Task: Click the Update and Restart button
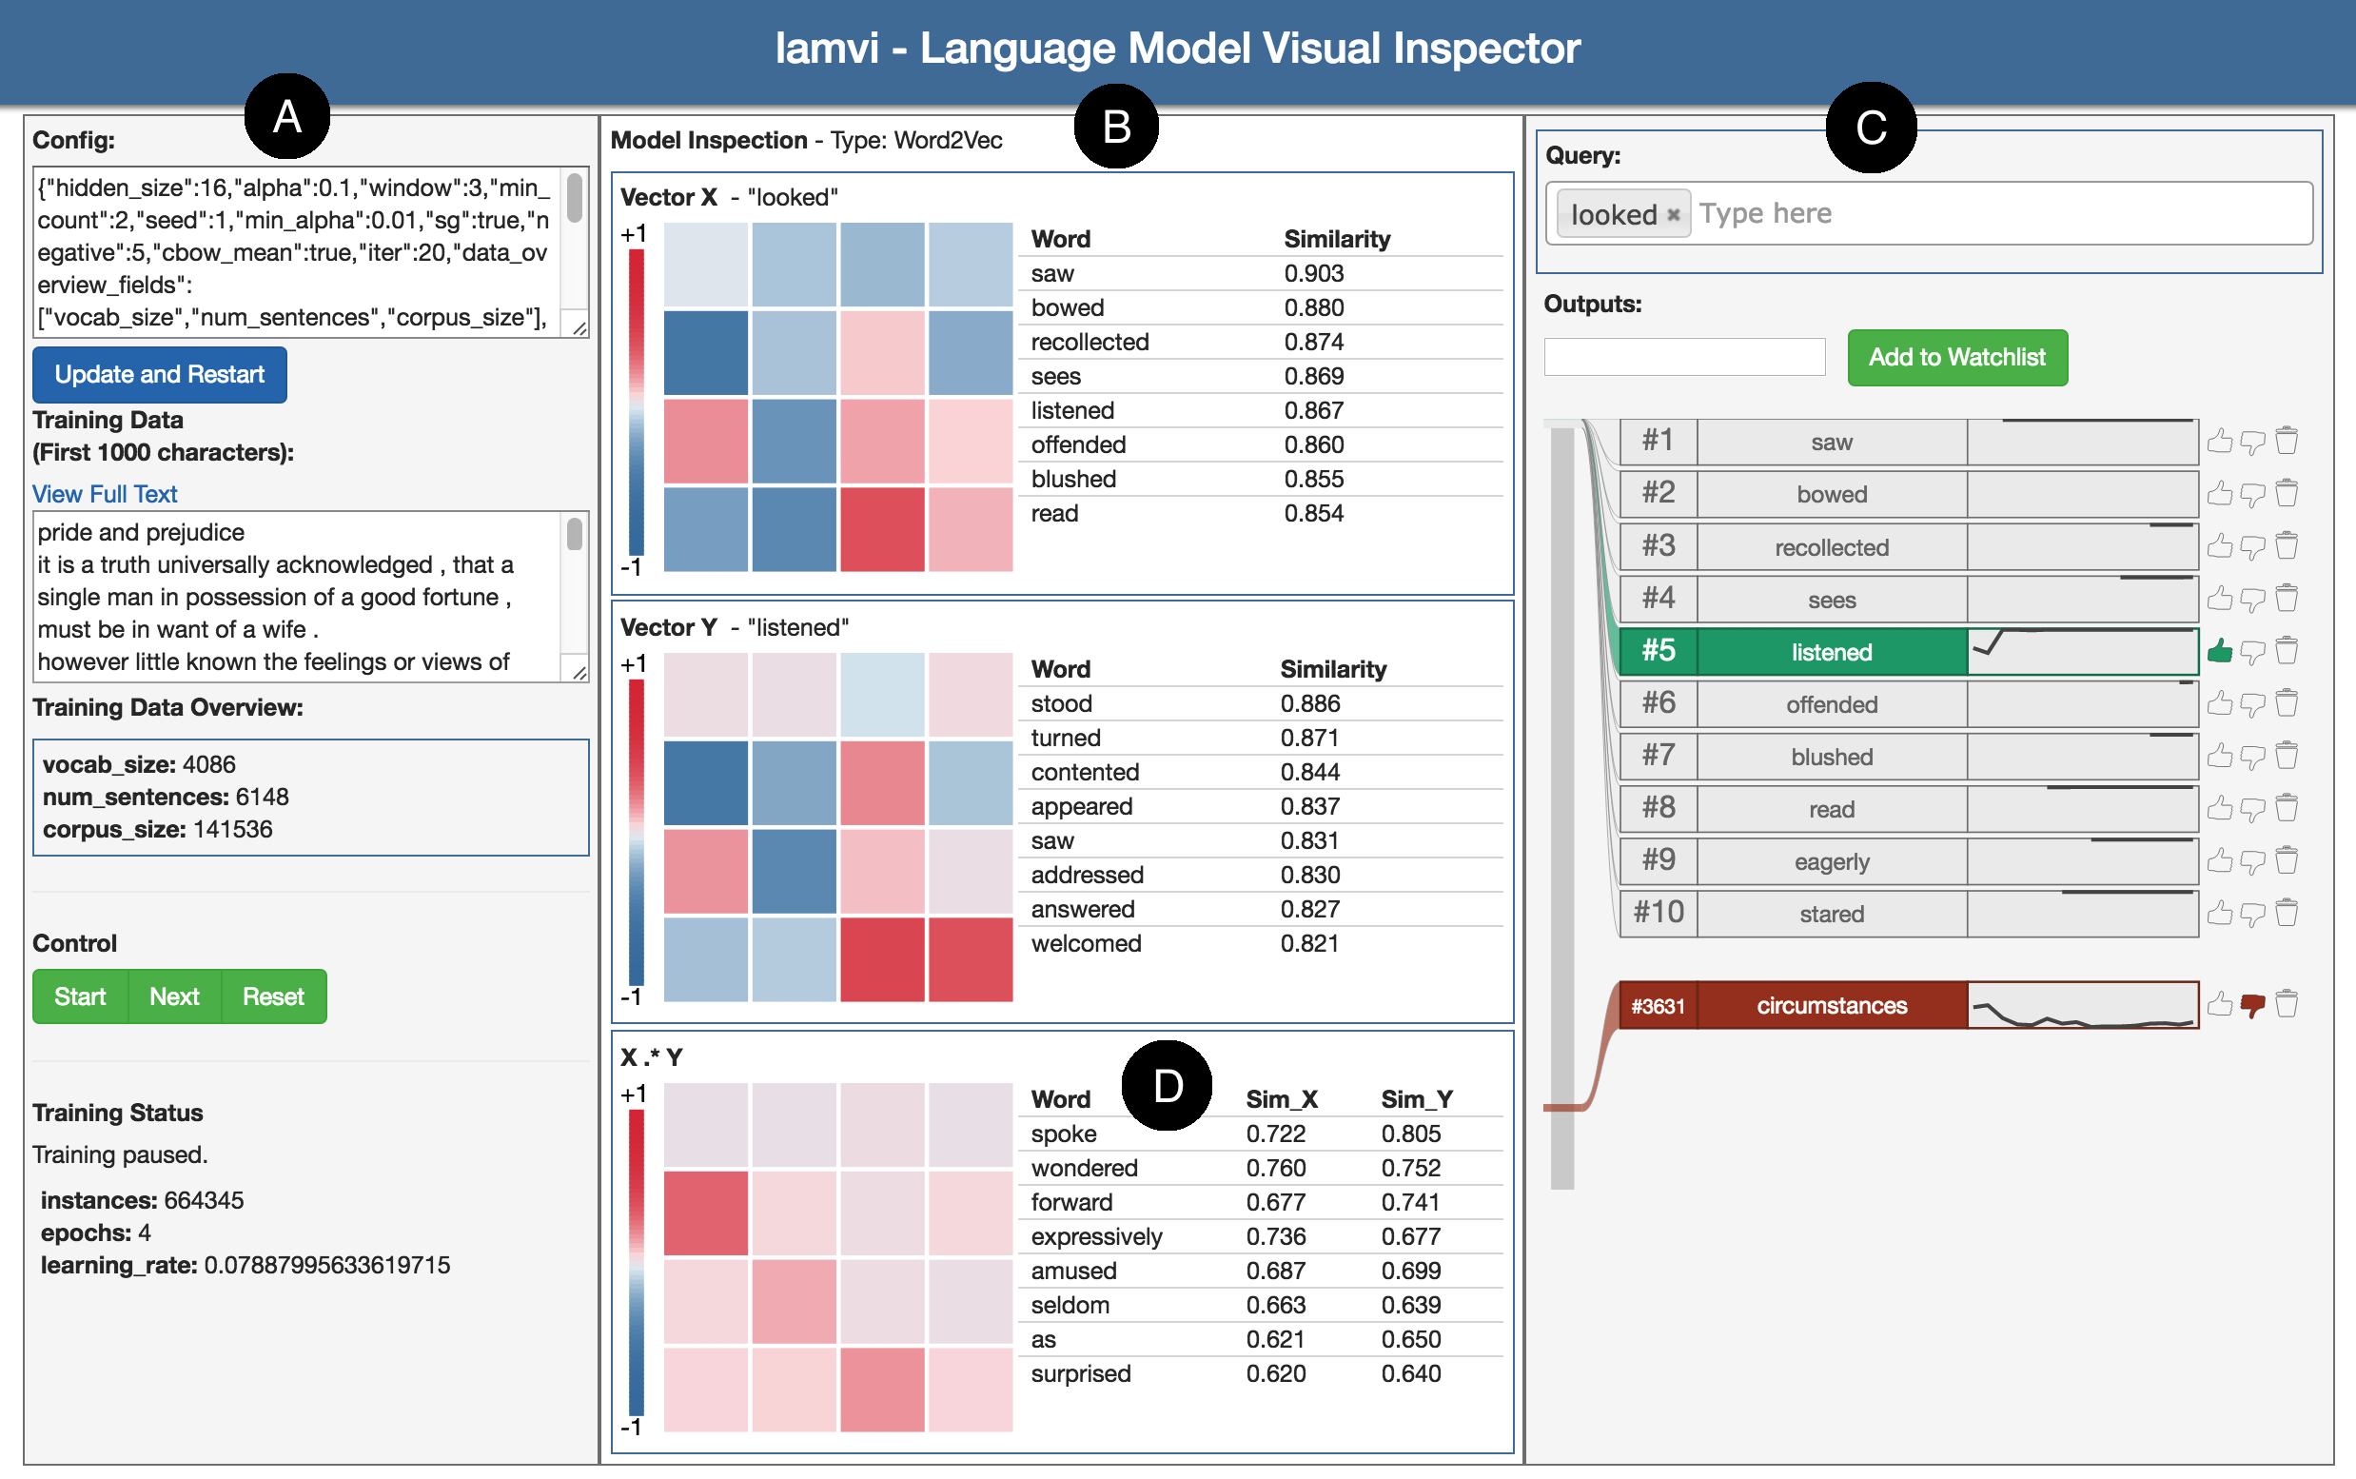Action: coord(160,375)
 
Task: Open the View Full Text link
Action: coord(105,494)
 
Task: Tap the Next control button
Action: coord(174,996)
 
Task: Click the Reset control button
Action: coord(273,996)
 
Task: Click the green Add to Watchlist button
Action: coord(1956,357)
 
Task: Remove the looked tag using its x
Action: coord(1674,215)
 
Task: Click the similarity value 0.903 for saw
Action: coord(1313,274)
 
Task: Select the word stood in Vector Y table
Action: coord(1061,703)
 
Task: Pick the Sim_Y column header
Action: coord(1415,1099)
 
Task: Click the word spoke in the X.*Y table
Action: coord(1063,1134)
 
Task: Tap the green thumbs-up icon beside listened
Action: coord(2219,650)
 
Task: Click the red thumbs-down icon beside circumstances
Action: coord(2252,1005)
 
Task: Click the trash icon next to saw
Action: coord(2286,442)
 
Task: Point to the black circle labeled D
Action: coord(1167,1086)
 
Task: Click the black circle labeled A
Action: coord(286,116)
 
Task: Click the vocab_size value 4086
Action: coord(208,764)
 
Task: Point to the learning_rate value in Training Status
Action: coord(326,1265)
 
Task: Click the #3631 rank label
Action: coord(1658,1006)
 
